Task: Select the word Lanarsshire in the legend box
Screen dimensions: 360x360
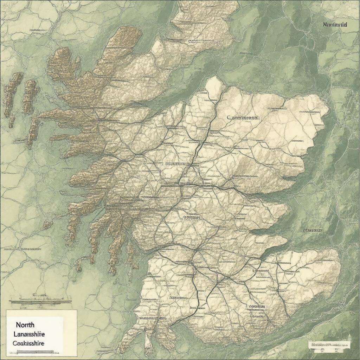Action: tap(30, 335)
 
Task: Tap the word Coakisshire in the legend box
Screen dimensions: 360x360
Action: tap(29, 343)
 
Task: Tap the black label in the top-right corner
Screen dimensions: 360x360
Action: tap(335, 25)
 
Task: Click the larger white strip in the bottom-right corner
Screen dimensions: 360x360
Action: tap(329, 344)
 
